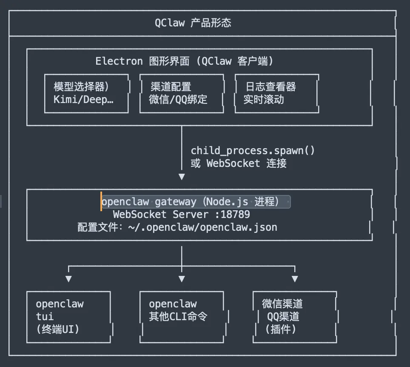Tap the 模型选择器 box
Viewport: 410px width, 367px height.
86,94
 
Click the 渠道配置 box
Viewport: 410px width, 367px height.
182,94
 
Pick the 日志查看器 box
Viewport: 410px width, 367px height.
276,94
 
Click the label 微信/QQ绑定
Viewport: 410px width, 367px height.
178,100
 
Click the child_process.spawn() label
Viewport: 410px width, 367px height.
253,151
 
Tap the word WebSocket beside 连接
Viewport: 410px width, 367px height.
233,163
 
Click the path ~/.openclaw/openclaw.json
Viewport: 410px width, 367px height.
202,227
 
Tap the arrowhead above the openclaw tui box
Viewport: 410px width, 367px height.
68,279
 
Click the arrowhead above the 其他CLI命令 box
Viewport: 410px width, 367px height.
182,279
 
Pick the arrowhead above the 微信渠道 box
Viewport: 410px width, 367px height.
295,279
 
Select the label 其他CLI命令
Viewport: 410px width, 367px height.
178,317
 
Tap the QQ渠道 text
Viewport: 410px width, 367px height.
283,317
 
